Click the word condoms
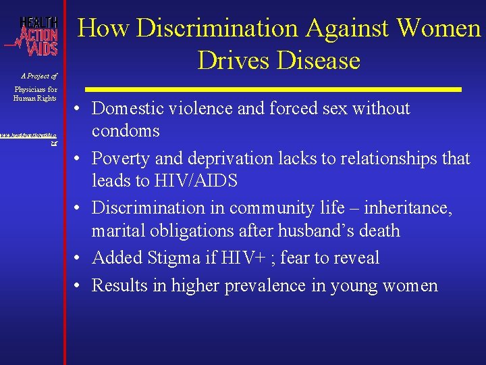126,130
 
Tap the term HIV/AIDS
200,180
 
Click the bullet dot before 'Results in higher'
79,286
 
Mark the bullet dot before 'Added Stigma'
79,258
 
